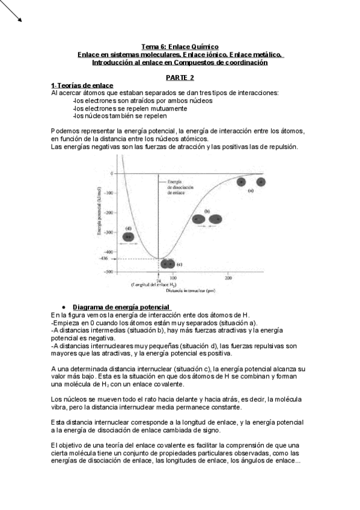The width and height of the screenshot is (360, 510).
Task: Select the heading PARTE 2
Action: coord(180,78)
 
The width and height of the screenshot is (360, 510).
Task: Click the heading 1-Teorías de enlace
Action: coord(82,86)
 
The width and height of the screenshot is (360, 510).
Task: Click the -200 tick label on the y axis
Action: coord(108,213)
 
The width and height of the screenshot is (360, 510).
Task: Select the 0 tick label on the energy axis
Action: coord(112,173)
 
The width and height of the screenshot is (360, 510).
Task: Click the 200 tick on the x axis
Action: coord(228,278)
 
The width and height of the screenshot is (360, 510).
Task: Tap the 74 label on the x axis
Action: coord(159,280)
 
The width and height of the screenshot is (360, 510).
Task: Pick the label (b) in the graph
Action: coord(207,211)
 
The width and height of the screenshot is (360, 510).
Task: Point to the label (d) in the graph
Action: coord(129,229)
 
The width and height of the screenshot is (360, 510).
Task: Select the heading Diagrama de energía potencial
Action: coord(112,308)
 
